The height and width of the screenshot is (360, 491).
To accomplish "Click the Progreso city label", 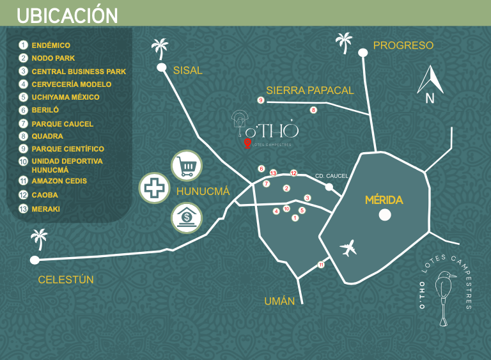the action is (403, 45).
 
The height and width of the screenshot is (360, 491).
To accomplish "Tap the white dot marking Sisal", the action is (162, 67).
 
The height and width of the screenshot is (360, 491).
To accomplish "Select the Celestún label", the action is (66, 279).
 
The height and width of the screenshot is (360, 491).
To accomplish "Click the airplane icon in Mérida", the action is (348, 248).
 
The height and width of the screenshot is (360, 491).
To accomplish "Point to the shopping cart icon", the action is (187, 166).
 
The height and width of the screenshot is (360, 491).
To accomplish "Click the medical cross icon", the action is (154, 188).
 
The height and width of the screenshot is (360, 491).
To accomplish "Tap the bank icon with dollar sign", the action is (187, 218).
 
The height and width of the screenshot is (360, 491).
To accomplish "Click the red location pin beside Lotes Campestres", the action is (247, 143).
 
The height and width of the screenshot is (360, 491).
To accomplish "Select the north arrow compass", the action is (430, 84).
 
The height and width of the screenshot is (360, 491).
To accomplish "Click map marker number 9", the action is (261, 100).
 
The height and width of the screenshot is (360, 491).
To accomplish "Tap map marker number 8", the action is (313, 110).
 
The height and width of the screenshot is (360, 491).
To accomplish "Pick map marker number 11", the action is (321, 265).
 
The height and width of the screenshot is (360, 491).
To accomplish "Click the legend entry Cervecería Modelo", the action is (72, 84).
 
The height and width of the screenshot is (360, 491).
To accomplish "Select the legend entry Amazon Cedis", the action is (59, 181).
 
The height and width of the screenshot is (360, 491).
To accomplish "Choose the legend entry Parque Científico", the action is (68, 149).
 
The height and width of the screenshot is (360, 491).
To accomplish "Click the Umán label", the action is (279, 301).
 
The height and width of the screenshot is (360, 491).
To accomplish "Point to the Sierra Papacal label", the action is (310, 91).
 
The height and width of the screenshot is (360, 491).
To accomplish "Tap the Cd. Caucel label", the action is (331, 176).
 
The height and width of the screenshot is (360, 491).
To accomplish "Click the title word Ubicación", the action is (67, 15).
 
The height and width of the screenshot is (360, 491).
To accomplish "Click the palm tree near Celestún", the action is (39, 239).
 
